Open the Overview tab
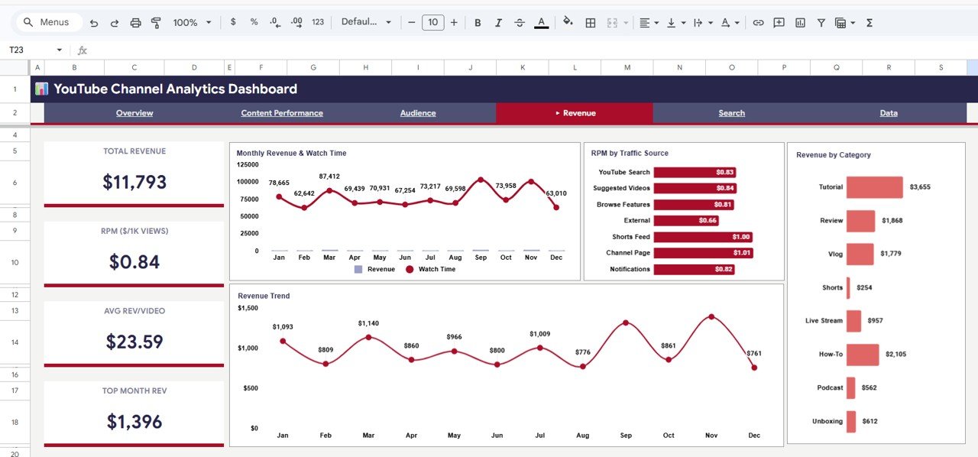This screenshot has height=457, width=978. [x=134, y=113]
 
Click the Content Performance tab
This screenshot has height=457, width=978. [x=282, y=113]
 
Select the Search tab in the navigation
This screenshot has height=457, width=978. [x=731, y=113]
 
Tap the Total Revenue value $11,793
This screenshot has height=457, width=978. [x=134, y=182]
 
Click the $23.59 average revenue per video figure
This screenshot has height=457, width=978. [x=134, y=342]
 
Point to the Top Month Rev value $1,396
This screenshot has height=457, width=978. [x=134, y=421]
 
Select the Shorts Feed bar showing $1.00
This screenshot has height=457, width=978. [x=703, y=237]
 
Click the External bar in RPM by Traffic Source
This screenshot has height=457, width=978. [x=686, y=221]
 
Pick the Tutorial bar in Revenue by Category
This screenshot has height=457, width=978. [x=874, y=187]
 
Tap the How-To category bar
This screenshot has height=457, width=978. [x=863, y=355]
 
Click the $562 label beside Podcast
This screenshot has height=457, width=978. [x=870, y=387]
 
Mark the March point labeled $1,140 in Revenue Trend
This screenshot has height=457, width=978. [x=368, y=337]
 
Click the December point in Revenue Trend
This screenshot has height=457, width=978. [x=754, y=368]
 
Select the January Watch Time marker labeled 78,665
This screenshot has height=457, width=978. [x=279, y=196]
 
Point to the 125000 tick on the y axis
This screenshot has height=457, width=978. [x=248, y=164]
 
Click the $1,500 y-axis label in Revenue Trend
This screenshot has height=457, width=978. [x=248, y=308]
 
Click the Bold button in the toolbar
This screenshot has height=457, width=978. [x=478, y=23]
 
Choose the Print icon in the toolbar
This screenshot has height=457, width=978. [x=135, y=23]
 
